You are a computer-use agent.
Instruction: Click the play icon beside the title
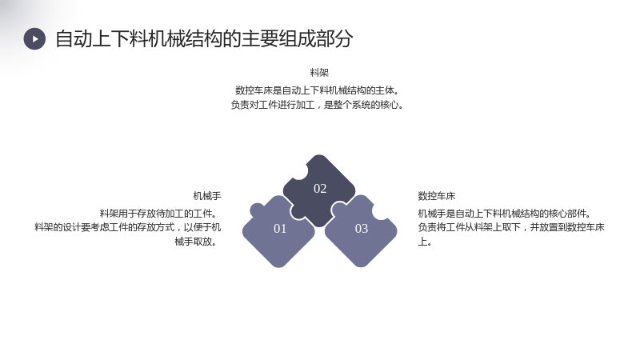[x=34, y=38]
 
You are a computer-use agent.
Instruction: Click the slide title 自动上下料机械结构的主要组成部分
[x=204, y=38]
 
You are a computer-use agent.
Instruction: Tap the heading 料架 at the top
[x=319, y=73]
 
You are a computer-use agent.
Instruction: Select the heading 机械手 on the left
[x=207, y=196]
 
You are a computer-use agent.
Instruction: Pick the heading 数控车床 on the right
[x=436, y=196]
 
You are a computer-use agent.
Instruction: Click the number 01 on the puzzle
[x=280, y=229]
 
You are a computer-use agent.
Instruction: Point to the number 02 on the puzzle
[x=320, y=189]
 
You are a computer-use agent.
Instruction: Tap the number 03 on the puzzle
[x=362, y=229]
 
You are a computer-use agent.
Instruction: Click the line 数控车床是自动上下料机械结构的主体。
[x=317, y=90]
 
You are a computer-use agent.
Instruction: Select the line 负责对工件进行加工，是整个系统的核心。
[x=317, y=105]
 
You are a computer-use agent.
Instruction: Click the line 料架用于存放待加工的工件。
[x=158, y=213]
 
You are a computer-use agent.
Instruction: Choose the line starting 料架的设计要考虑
[x=128, y=227]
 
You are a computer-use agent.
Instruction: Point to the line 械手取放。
[x=195, y=242]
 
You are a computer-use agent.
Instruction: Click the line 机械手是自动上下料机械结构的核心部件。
[x=504, y=213]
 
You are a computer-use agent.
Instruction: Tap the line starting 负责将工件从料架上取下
[x=511, y=227]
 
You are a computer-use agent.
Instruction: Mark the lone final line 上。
[x=425, y=242]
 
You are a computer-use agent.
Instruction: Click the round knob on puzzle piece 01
[x=257, y=210]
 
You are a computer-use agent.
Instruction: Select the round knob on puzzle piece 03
[x=338, y=210]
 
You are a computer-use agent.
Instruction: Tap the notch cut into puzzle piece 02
[x=299, y=171]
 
